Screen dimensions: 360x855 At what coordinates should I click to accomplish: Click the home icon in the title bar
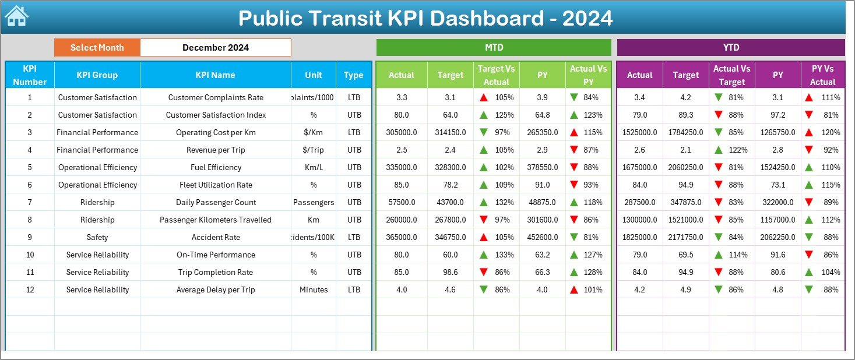click(x=16, y=16)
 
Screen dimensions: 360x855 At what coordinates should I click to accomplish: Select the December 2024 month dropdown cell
click(x=216, y=48)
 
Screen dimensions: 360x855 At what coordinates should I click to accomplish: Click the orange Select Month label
click(x=97, y=48)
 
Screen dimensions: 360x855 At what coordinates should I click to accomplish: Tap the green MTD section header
click(x=494, y=47)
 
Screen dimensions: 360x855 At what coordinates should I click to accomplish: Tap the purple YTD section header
click(x=731, y=47)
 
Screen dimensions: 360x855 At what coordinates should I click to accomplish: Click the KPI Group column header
click(x=97, y=75)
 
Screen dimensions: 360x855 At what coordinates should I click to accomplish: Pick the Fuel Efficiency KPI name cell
click(x=216, y=167)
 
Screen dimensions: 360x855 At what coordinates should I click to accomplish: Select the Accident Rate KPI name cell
click(x=216, y=237)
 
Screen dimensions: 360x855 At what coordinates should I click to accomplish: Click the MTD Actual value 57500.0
click(x=402, y=202)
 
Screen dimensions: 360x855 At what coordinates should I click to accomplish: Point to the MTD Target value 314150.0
click(x=450, y=132)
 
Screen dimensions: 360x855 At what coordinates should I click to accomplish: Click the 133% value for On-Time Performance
click(x=504, y=255)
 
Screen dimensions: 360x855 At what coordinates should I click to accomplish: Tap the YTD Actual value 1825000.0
click(x=639, y=237)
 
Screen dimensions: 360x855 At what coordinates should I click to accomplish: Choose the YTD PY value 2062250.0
click(x=777, y=237)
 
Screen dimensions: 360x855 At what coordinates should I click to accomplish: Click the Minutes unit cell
click(x=314, y=290)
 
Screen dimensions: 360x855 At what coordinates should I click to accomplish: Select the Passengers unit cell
click(x=314, y=202)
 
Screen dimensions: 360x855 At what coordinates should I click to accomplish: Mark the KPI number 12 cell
click(x=30, y=290)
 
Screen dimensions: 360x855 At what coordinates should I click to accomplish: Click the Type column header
click(x=353, y=75)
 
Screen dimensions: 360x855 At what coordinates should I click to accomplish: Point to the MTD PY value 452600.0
click(x=543, y=237)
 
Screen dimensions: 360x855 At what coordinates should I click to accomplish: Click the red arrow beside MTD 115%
click(x=574, y=132)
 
